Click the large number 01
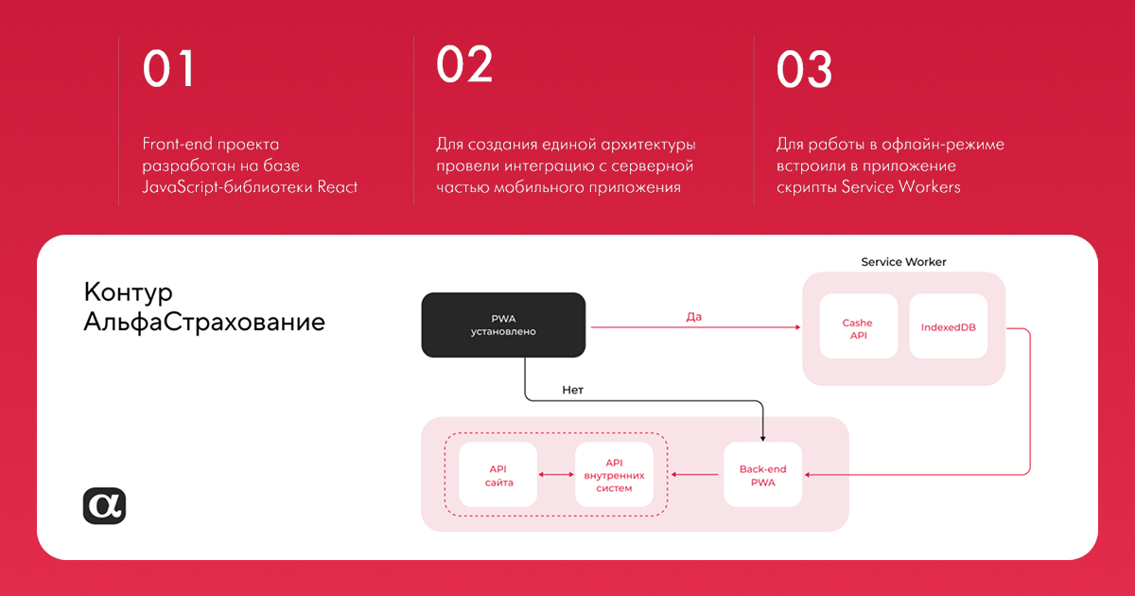tap(168, 69)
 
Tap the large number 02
tap(464, 64)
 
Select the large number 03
tap(804, 69)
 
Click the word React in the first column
tap(337, 187)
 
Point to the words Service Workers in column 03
tap(900, 187)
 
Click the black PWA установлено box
tap(503, 324)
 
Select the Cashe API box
tap(858, 326)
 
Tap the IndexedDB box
tap(948, 326)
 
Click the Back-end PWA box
tap(762, 475)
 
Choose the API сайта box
tap(498, 475)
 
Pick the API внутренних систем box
tap(614, 475)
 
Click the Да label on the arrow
tap(693, 317)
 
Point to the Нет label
tap(572, 390)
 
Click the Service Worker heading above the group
tap(903, 262)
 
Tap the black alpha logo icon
tap(104, 506)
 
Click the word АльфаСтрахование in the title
tap(204, 322)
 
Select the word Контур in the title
tap(129, 292)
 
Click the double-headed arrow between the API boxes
tap(556, 475)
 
